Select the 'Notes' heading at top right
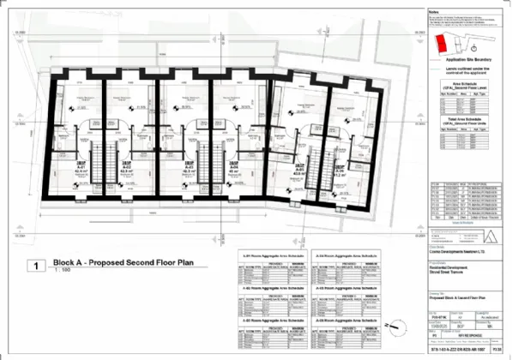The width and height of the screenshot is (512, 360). (x=432, y=10)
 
